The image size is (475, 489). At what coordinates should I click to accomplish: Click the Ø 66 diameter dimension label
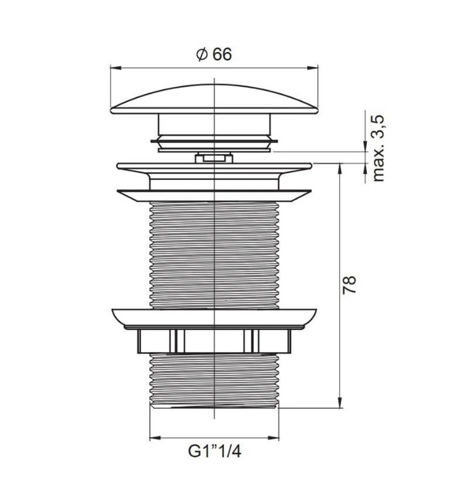tap(214, 54)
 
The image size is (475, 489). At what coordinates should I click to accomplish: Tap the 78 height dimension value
tap(349, 284)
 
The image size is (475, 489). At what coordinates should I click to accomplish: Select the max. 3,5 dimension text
tap(378, 148)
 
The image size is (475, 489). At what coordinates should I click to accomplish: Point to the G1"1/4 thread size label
tap(215, 451)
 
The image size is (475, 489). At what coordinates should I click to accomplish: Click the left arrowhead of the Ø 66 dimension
tap(116, 68)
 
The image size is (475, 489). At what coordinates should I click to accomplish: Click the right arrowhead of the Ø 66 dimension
tap(312, 68)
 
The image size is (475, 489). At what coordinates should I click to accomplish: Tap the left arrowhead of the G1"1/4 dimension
tap(155, 438)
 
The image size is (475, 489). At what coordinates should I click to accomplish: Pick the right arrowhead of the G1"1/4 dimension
tap(274, 438)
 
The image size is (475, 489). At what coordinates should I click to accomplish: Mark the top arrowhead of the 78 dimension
tap(340, 169)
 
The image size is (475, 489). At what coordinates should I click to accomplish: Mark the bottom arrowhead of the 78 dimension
tap(340, 403)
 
